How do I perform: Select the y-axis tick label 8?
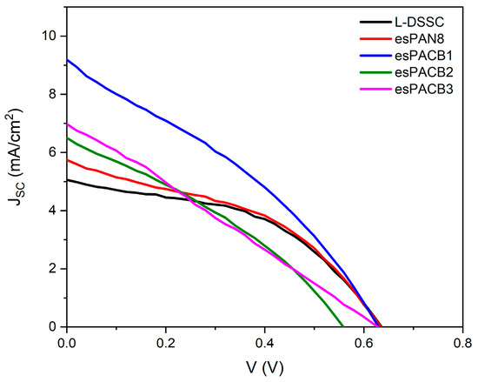click(x=53, y=95)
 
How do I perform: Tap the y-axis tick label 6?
click(x=53, y=152)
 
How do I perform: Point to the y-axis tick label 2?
click(x=53, y=269)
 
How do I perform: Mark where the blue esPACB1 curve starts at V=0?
click(x=67, y=60)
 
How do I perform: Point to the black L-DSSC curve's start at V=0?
click(x=67, y=180)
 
